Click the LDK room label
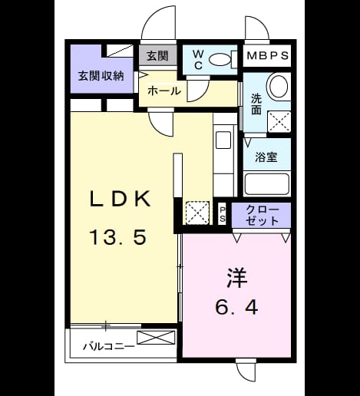(120, 199)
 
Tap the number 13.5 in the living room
(118, 237)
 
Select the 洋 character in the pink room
(236, 278)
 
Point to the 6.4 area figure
(236, 307)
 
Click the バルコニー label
(109, 347)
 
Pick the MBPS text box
(268, 55)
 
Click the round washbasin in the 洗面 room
(277, 85)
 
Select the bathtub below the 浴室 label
(267, 183)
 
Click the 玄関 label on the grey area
(157, 55)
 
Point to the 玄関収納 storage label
(101, 76)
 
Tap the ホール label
(164, 91)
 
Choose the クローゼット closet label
(263, 216)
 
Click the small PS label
(223, 215)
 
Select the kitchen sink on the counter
(223, 140)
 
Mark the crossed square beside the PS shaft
(197, 213)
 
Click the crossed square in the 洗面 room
(279, 121)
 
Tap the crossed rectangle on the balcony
(156, 338)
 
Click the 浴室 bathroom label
(266, 157)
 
